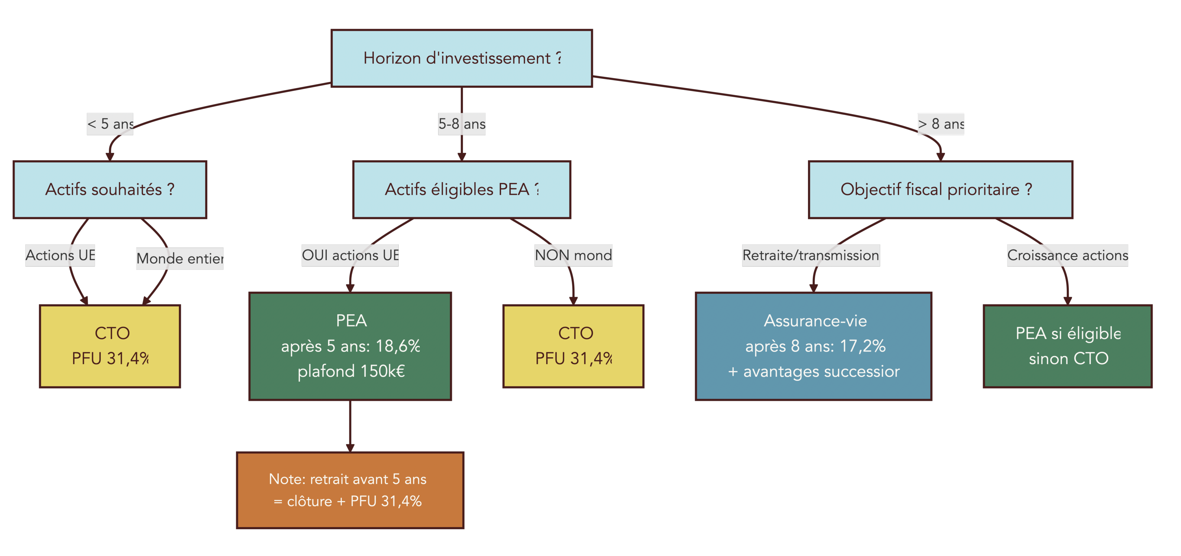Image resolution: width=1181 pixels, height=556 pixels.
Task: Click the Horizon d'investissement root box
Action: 461,58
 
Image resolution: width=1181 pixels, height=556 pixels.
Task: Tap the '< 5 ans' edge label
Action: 110,124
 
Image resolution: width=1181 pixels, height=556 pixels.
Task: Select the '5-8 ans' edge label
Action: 462,124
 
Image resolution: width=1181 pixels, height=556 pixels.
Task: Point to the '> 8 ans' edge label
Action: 940,124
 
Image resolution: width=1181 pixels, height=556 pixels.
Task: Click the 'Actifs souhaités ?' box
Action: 110,189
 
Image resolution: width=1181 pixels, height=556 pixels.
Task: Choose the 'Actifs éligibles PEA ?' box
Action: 461,189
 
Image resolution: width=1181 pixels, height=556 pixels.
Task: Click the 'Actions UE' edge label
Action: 60,255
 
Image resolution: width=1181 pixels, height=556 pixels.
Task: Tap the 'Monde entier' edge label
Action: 180,258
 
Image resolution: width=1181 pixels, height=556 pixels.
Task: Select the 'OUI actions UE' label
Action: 350,255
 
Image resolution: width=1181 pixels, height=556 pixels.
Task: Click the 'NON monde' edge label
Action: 573,255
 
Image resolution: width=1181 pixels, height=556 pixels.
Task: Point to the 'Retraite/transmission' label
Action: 810,255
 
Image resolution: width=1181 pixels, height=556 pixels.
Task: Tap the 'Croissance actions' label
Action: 1067,255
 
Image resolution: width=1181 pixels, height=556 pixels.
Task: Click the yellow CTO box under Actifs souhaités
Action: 110,346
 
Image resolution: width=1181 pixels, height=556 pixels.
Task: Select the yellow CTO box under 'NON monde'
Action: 573,346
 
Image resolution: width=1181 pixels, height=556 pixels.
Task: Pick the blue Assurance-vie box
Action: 813,346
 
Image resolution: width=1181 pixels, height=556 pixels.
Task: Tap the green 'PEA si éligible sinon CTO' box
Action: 1067,346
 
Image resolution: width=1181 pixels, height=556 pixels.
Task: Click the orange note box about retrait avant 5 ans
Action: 350,490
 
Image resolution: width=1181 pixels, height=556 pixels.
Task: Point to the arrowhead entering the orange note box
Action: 350,448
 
